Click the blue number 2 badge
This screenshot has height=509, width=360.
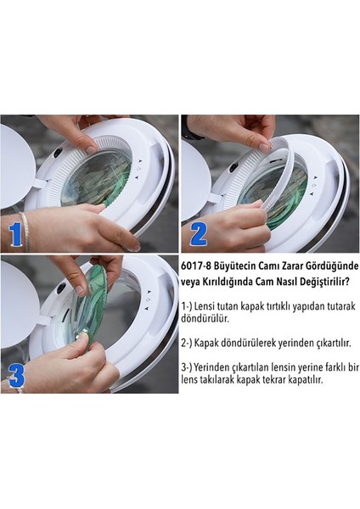[197, 231]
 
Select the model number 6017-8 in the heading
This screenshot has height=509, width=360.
[200, 264]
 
